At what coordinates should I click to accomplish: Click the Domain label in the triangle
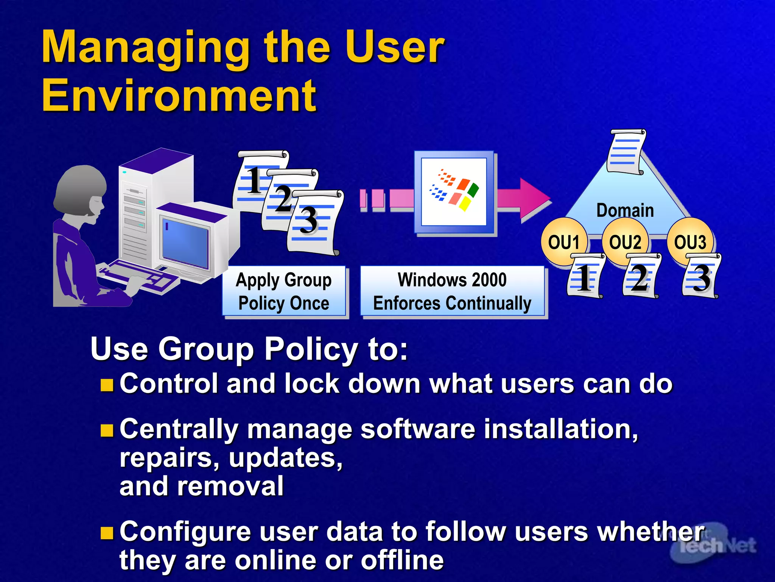pos(625,210)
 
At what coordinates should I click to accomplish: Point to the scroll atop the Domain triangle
pos(626,152)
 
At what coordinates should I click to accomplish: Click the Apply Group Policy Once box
pos(284,291)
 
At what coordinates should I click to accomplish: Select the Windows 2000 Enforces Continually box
pos(452,291)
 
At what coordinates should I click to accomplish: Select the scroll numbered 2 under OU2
pos(641,277)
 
